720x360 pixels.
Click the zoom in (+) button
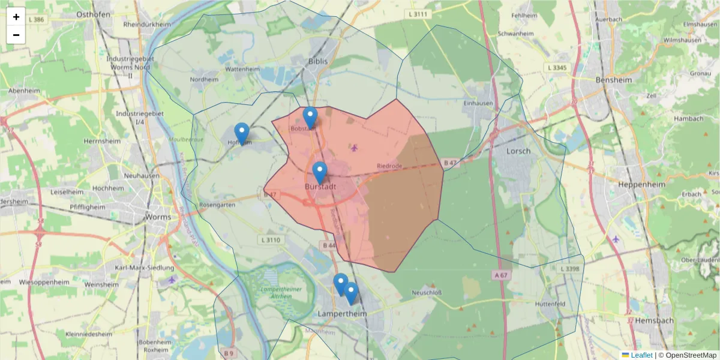(16, 17)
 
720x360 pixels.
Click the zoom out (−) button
(16, 35)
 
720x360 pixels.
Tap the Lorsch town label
(518, 151)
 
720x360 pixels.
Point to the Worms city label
(158, 216)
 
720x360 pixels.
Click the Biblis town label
(318, 61)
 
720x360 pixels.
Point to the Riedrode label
(389, 165)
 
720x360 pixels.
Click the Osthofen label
(92, 14)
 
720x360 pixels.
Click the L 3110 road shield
(272, 239)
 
